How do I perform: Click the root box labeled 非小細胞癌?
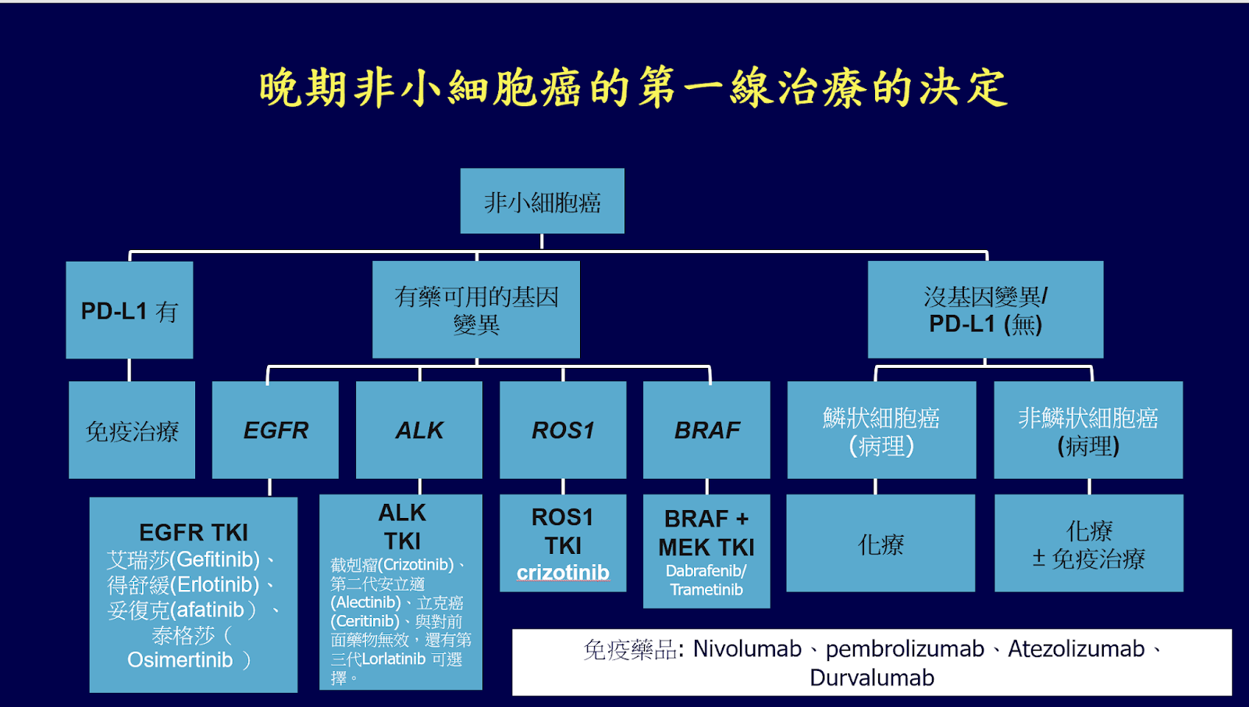point(542,202)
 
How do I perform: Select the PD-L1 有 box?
point(130,310)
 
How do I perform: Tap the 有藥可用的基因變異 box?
point(476,309)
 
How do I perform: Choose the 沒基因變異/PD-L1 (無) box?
point(985,309)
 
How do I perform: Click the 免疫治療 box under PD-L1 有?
point(132,430)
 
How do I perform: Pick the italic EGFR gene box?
point(276,430)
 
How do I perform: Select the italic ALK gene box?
point(419,430)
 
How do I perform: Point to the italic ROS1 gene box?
point(563,430)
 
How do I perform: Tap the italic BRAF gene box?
point(706,430)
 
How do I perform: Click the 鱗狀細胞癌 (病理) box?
point(881,430)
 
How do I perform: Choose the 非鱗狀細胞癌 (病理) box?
point(1088,430)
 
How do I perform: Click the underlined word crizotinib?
point(563,573)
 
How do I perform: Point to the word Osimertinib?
point(180,660)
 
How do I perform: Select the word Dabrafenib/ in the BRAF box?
point(706,571)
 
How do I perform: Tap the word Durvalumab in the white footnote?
point(872,677)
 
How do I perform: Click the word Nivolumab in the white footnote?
point(747,649)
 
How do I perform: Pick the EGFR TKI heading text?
point(194,533)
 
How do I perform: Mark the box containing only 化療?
point(881,544)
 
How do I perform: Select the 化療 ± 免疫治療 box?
point(1089,544)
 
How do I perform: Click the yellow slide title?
point(633,87)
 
